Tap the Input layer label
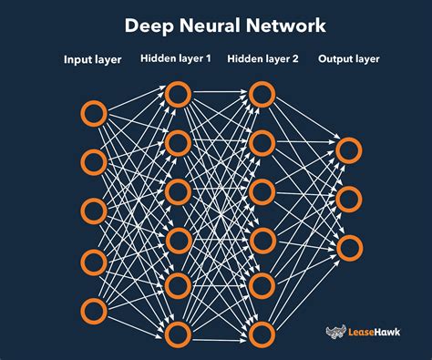click(93, 61)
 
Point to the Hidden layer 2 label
click(262, 59)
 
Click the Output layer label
click(350, 59)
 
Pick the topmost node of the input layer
click(94, 114)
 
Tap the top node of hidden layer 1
click(178, 93)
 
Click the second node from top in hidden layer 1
click(178, 141)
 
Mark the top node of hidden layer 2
click(262, 93)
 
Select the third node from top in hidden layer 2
click(262, 191)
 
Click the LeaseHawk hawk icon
click(335, 334)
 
